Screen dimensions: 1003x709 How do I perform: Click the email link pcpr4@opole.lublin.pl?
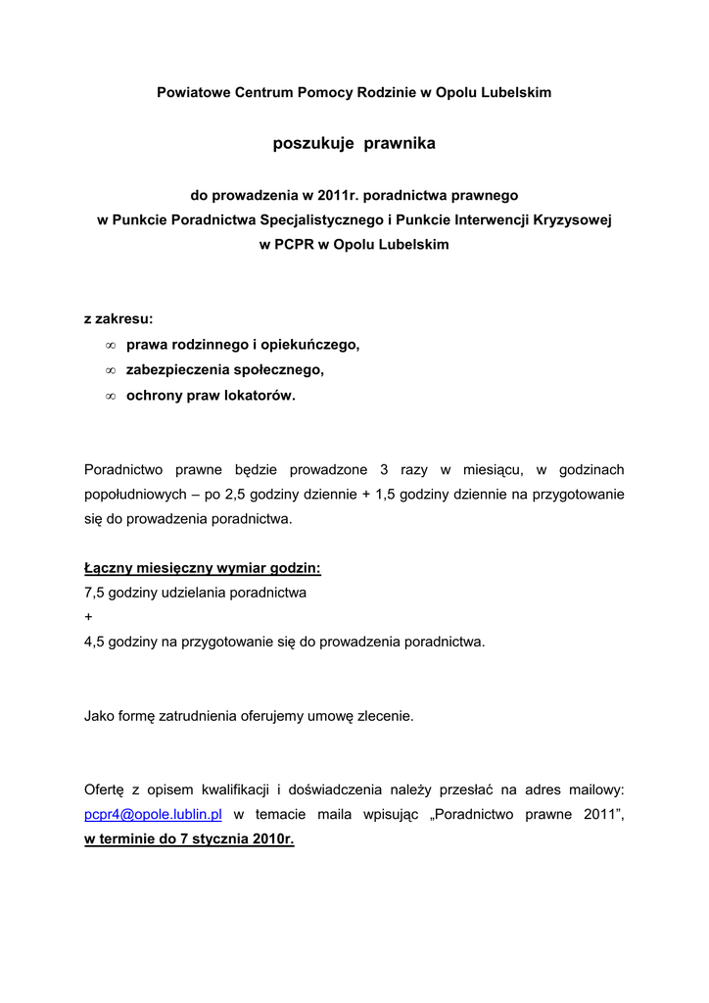pyautogui.click(x=154, y=815)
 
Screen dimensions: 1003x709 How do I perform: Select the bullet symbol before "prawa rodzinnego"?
pyautogui.click(x=111, y=346)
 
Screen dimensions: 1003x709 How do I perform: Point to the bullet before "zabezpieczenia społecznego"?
pyautogui.click(x=111, y=371)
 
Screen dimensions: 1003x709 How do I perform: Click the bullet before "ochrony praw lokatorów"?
pyautogui.click(x=111, y=397)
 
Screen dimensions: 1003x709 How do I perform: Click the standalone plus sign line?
pyautogui.click(x=88, y=618)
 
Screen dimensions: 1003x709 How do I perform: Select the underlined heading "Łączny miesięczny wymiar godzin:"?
pyautogui.click(x=203, y=568)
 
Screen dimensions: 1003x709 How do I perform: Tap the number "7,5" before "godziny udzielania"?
pyautogui.click(x=95, y=593)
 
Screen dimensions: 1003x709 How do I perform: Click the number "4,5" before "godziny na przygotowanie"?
pyautogui.click(x=95, y=643)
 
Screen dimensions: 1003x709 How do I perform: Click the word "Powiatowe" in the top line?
pyautogui.click(x=192, y=92)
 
